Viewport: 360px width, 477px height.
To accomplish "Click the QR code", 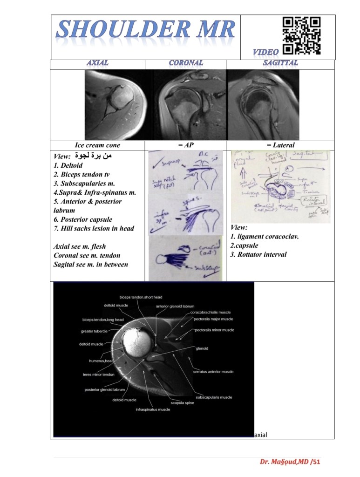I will coord(302,36).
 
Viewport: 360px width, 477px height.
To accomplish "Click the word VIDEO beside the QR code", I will coord(266,52).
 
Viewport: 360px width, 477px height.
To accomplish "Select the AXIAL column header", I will coord(97,63).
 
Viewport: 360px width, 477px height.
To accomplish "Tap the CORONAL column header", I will coord(186,63).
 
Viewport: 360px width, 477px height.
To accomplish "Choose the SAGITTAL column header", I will coord(280,63).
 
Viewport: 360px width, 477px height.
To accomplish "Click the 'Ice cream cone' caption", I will coord(97,145).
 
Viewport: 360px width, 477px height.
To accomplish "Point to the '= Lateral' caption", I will coord(280,145).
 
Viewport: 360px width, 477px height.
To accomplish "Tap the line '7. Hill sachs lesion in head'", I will coord(94,228).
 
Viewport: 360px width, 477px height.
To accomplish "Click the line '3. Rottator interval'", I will coord(258,254).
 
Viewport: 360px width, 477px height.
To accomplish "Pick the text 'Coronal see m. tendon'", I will coord(87,255).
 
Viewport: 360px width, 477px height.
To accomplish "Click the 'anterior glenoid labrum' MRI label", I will coord(175,306).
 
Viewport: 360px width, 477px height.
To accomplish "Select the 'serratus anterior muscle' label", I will coord(213,372).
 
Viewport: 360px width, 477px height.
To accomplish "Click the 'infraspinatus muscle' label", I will coord(153,409).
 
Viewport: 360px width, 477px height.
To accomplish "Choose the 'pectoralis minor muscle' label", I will coord(215,330).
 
